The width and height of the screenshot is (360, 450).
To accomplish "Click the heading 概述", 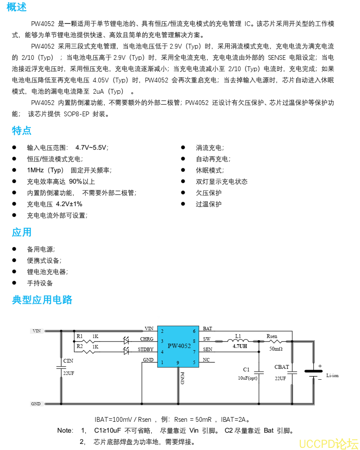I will (17, 7).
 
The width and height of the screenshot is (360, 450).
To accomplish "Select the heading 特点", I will (21, 131).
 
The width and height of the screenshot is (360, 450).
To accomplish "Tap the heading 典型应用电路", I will (42, 300).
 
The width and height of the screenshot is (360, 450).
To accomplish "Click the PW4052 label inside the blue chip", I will (179, 346).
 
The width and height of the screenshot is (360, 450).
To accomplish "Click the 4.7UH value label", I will (240, 347).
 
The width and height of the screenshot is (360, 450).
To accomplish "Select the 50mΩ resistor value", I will (276, 348).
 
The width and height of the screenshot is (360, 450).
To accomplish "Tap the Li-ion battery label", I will (332, 375).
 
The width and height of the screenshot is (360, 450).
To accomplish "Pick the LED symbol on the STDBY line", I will (127, 350).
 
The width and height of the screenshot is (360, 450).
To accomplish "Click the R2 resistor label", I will (79, 346).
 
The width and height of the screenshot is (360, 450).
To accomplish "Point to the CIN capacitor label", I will (68, 361).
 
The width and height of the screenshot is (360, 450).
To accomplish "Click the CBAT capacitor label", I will (281, 367).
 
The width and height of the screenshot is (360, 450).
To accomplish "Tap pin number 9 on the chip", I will (177, 362).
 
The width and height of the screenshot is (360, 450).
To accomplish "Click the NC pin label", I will (206, 360).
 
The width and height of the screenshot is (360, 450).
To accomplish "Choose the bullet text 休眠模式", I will (210, 171).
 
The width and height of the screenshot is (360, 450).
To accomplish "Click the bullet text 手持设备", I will (40, 283).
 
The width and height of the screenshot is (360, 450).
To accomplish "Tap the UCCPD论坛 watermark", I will (329, 444).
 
